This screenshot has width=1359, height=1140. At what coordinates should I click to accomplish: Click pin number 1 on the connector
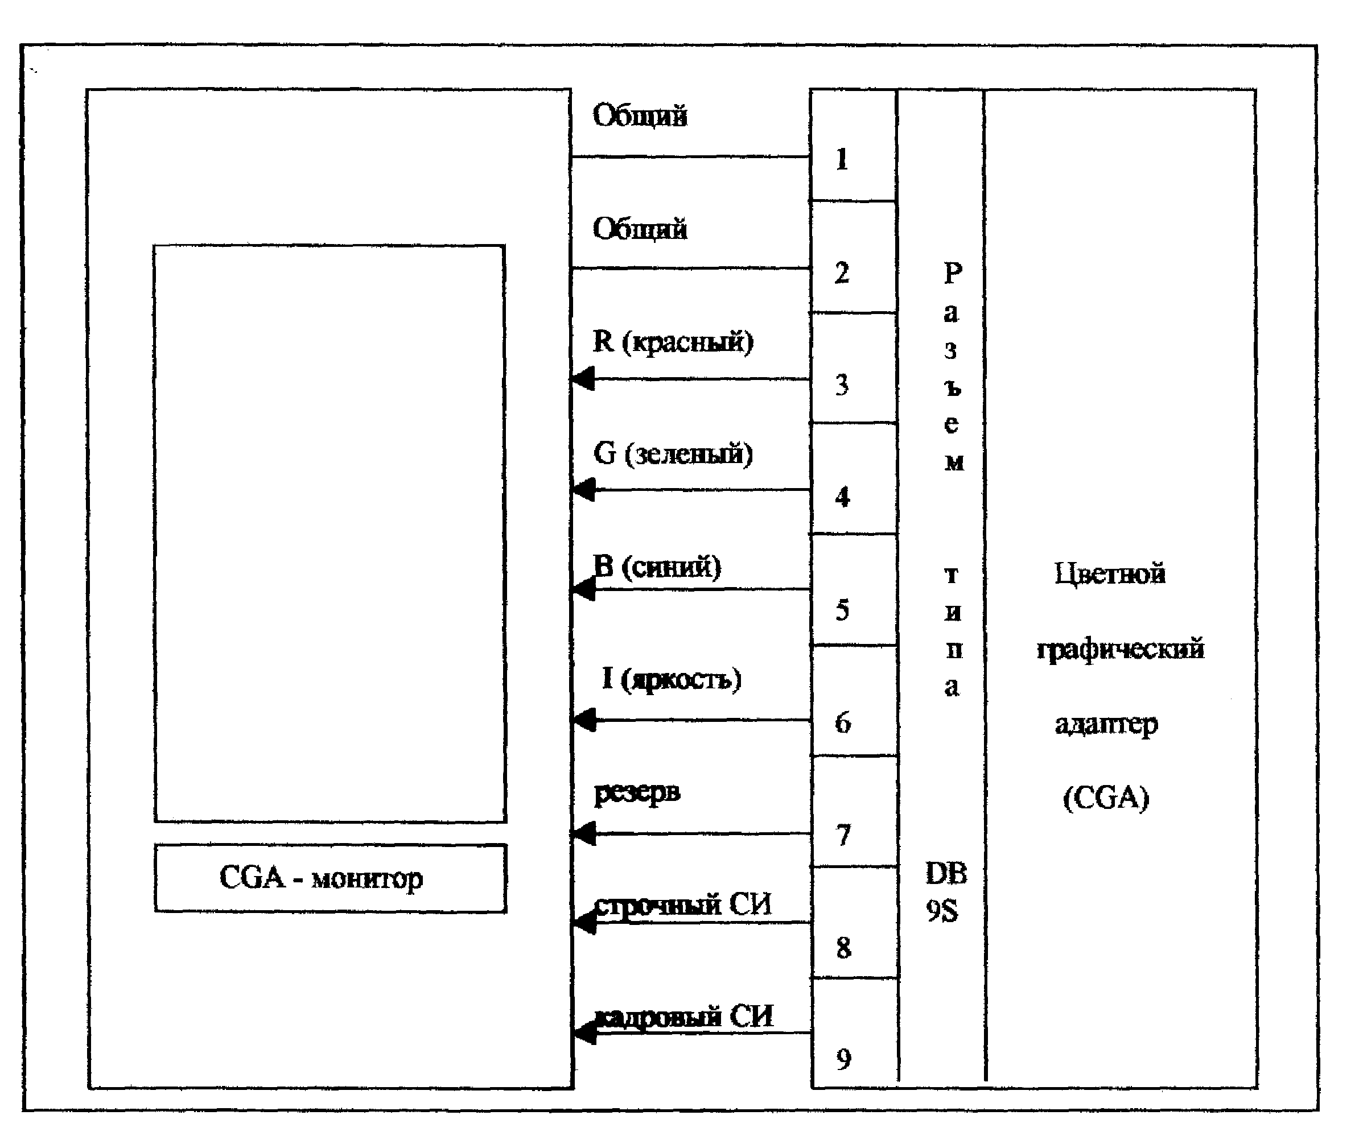(842, 159)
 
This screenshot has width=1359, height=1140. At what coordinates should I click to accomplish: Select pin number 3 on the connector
(842, 385)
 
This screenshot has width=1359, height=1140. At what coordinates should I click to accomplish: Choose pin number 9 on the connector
(843, 1059)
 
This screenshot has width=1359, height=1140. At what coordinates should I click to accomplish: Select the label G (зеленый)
(673, 453)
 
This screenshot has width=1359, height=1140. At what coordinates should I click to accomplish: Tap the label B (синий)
(657, 567)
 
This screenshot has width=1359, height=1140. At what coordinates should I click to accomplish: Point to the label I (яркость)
(671, 679)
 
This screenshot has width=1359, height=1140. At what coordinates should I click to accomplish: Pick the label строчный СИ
(683, 904)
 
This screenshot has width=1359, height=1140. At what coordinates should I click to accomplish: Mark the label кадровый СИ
(684, 1017)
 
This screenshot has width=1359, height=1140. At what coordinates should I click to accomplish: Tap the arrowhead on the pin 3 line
(584, 378)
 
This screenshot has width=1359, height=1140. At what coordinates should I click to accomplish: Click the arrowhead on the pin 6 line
(585, 720)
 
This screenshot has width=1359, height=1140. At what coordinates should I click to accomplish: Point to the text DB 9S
(945, 892)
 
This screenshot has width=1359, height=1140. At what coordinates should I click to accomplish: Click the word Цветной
(1110, 573)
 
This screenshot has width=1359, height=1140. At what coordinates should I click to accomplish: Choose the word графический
(1120, 649)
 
